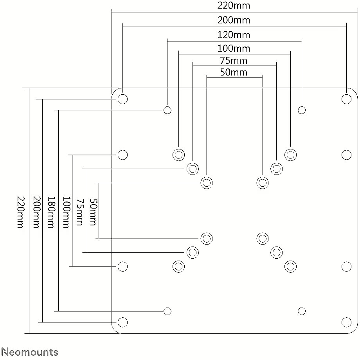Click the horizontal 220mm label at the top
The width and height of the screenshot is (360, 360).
click(x=234, y=5)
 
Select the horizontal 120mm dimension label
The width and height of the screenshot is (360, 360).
click(x=234, y=35)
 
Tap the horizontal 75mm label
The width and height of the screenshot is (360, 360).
click(x=234, y=61)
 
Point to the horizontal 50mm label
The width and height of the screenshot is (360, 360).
click(x=234, y=72)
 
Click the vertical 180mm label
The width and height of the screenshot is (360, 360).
click(x=51, y=212)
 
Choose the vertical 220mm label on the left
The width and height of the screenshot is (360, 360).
click(x=21, y=212)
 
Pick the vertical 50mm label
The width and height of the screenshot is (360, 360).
click(x=94, y=212)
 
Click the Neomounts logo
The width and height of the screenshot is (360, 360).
click(x=30, y=352)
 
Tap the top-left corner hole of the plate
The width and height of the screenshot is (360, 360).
click(x=122, y=99)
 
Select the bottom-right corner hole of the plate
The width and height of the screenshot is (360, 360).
click(x=346, y=322)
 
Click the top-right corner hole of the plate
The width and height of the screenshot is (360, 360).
click(x=346, y=99)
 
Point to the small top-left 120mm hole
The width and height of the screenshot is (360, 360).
click(x=167, y=110)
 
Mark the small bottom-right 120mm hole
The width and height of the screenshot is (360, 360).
click(x=302, y=311)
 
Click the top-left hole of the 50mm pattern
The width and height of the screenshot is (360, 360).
click(x=207, y=183)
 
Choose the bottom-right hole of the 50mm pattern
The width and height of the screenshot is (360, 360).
click(x=263, y=239)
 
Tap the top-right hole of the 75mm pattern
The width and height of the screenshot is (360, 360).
click(x=276, y=169)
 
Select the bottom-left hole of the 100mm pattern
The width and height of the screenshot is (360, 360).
click(x=178, y=266)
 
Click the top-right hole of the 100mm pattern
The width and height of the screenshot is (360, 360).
click(x=290, y=155)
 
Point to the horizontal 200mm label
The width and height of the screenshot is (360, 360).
click(x=234, y=20)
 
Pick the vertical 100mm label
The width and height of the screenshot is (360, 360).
click(x=67, y=212)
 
